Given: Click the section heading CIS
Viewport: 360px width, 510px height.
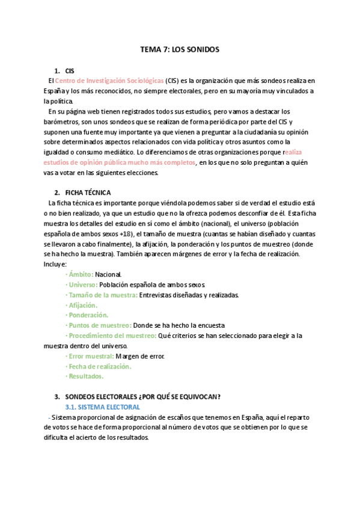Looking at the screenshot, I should point(70,70).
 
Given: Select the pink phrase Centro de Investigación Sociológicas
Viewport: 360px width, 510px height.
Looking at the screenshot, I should point(109,80).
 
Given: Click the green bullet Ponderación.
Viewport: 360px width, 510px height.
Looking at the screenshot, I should point(88,315).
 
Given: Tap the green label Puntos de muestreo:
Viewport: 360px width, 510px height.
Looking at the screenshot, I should point(99,325).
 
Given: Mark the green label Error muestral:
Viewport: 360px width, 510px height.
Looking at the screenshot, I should point(91,356).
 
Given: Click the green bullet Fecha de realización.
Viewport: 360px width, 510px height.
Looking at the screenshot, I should point(99,366).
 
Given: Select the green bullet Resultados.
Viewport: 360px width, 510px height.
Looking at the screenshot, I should point(85,376).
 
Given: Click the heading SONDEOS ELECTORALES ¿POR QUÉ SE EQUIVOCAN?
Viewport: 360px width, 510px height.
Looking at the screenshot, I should point(142,396).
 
